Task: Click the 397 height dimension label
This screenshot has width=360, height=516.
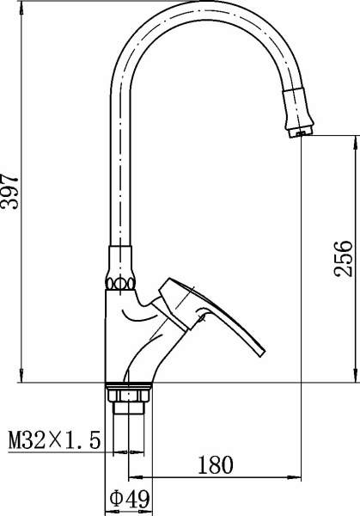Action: tap(9, 192)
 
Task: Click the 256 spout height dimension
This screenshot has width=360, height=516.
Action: tap(343, 259)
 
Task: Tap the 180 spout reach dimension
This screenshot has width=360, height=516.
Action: tap(215, 465)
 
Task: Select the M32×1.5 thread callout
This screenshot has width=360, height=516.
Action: tap(54, 441)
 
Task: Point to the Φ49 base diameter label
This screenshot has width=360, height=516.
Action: tap(130, 499)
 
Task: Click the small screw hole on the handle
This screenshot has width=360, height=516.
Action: tap(202, 318)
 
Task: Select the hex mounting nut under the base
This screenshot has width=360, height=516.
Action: tap(129, 396)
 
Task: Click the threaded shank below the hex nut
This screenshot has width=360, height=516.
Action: tap(129, 408)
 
